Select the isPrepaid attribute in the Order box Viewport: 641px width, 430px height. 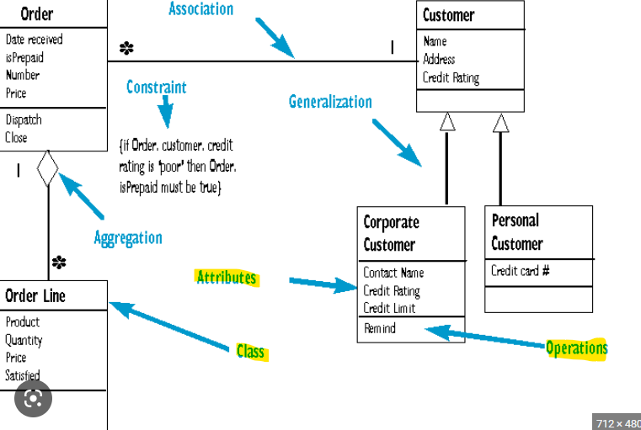[x=24, y=58]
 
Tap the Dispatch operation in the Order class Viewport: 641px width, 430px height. [x=23, y=120]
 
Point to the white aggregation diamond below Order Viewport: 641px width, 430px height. [x=48, y=168]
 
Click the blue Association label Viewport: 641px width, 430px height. [x=200, y=9]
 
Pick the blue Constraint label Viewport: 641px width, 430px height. [x=157, y=87]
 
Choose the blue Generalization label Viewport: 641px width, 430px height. [x=330, y=102]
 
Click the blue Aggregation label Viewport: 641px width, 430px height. [x=128, y=237]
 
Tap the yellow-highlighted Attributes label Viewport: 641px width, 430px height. [x=226, y=278]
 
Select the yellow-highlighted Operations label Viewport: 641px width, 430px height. [x=576, y=348]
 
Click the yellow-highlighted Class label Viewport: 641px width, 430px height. [x=250, y=351]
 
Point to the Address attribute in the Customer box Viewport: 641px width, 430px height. [x=439, y=60]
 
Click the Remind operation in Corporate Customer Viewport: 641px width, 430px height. [x=379, y=328]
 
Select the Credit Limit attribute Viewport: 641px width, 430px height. [x=389, y=308]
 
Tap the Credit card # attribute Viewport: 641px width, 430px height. [x=521, y=271]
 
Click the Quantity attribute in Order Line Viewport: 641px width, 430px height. [x=24, y=340]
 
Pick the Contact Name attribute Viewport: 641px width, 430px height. [x=393, y=273]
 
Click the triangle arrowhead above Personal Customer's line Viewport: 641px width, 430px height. [x=501, y=123]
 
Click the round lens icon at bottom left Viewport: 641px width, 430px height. [x=33, y=401]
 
